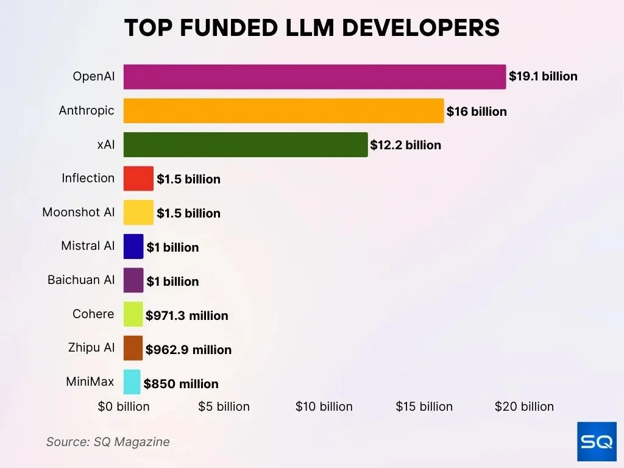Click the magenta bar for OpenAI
pyautogui.click(x=314, y=77)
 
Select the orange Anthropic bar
pyautogui.click(x=283, y=111)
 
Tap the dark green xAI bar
pyautogui.click(x=246, y=145)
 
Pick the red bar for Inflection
pyautogui.click(x=138, y=179)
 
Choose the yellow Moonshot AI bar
pyautogui.click(x=138, y=213)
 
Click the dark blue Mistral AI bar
pyautogui.click(x=133, y=247)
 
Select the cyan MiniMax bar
pyautogui.click(x=132, y=383)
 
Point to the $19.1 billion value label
pyautogui.click(x=543, y=77)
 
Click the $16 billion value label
pyautogui.click(x=477, y=112)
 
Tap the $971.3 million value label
pyautogui.click(x=186, y=316)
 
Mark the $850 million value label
pyautogui.click(x=181, y=384)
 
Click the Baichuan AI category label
pyautogui.click(x=81, y=280)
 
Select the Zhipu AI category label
pyautogui.click(x=91, y=348)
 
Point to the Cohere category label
pyautogui.click(x=93, y=314)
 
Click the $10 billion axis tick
pyautogui.click(x=324, y=406)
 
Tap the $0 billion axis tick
pyautogui.click(x=124, y=406)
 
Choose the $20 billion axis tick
pyautogui.click(x=524, y=406)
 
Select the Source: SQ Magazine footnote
pyautogui.click(x=108, y=442)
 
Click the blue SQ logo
pyautogui.click(x=597, y=441)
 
